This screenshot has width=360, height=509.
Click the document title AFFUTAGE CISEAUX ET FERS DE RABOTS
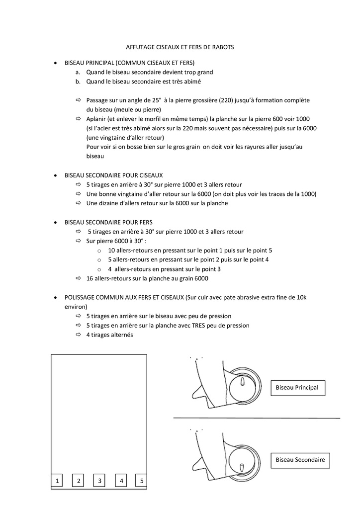point(180,47)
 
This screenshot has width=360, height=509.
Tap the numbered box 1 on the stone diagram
point(57,481)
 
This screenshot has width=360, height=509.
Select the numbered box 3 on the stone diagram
point(100,481)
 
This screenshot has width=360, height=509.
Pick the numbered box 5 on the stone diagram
point(142,481)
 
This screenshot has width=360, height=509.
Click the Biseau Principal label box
point(297,388)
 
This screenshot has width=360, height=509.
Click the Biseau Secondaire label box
point(300,460)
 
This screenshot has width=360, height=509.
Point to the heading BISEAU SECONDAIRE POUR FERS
point(108,222)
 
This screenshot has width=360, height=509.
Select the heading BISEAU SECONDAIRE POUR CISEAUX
point(113,175)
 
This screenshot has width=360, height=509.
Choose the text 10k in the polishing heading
point(301,297)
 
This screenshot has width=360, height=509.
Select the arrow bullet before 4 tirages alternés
point(79,335)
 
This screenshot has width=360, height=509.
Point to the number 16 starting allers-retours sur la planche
point(90,278)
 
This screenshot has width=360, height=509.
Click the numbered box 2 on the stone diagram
point(79,481)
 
